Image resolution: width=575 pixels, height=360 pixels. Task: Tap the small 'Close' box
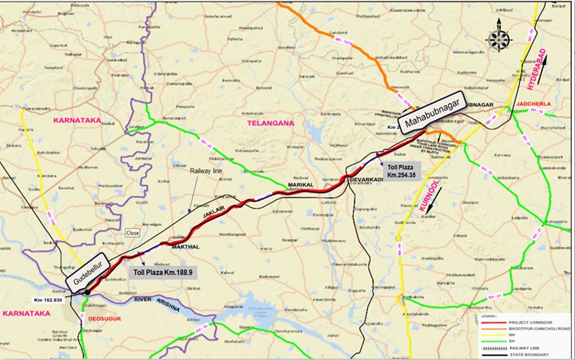[x=133, y=232]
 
